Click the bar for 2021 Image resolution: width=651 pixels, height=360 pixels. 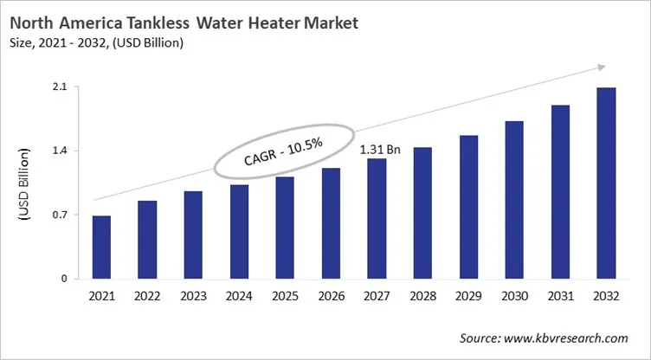(101, 247)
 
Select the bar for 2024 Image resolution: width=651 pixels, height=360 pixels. (239, 232)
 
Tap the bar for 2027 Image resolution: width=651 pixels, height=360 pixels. (377, 219)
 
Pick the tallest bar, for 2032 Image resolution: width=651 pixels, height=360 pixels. (606, 183)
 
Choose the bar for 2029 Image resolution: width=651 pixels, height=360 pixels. (468, 207)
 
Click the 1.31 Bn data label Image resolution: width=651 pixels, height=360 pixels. (380, 150)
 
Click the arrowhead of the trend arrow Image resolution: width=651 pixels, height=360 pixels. (599, 67)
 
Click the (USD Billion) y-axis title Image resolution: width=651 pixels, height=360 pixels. (24, 183)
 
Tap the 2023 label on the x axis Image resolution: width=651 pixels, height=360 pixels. (193, 297)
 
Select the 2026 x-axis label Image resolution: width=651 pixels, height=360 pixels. (331, 297)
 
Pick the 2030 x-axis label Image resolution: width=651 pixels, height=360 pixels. (514, 297)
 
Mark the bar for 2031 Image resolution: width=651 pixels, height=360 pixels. (560, 192)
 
